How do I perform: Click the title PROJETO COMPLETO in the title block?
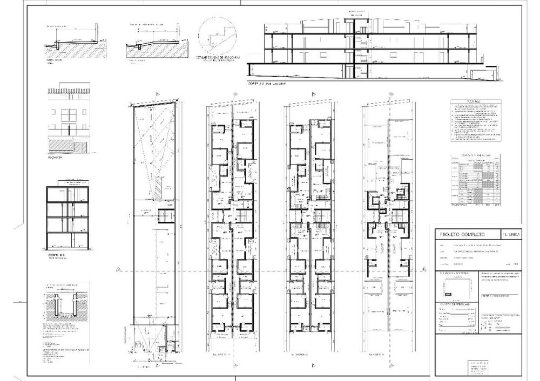click(463, 235)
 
